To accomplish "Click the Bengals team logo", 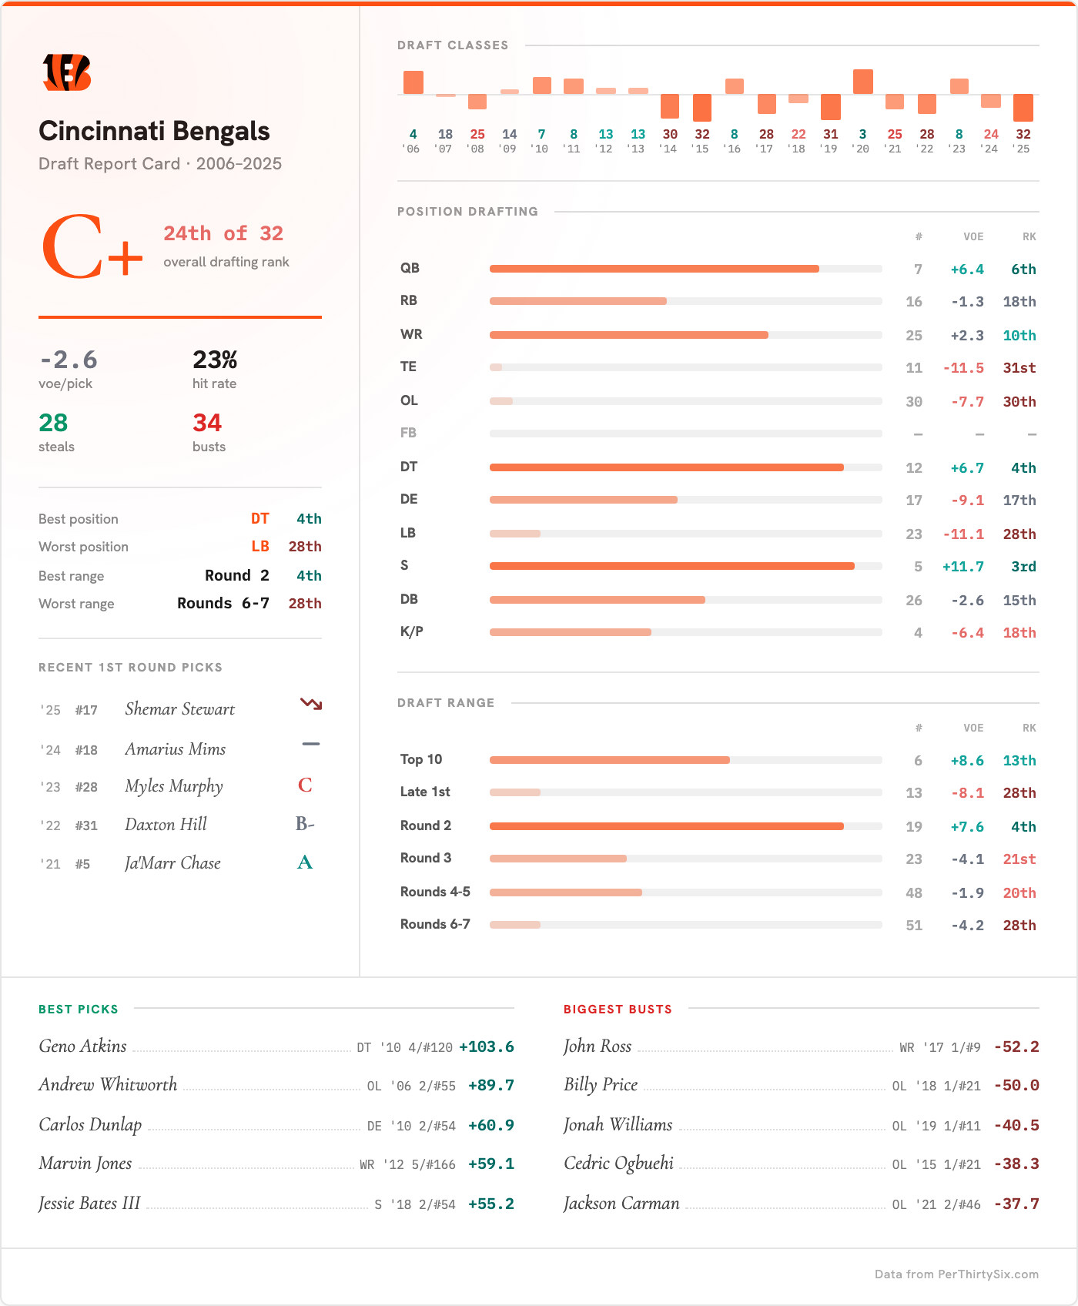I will click(x=67, y=72).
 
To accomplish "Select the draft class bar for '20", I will click(x=862, y=82).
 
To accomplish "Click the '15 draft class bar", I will click(x=701, y=107).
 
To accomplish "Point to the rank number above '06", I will click(x=413, y=134).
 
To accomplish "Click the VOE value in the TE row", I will click(x=963, y=368).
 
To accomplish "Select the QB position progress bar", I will click(x=685, y=269).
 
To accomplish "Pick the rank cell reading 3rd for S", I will click(x=1023, y=567).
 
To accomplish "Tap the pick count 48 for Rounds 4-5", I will click(x=913, y=893).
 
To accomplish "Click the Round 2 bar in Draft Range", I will click(x=685, y=826).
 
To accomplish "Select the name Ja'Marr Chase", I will click(x=172, y=863).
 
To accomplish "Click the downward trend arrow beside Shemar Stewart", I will click(x=310, y=704).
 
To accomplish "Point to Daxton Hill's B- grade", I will click(x=305, y=824).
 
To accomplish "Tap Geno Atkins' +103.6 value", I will click(x=486, y=1047).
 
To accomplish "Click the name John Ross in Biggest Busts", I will click(x=598, y=1046).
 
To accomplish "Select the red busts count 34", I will click(x=207, y=423).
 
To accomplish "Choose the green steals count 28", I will click(x=53, y=423).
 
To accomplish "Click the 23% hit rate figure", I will click(x=215, y=360).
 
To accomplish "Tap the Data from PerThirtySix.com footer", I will click(x=956, y=1274).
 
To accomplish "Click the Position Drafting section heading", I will click(x=467, y=212).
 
